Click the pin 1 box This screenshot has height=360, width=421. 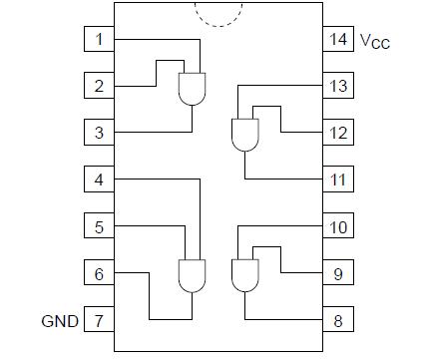(x=98, y=40)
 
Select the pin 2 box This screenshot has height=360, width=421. (x=98, y=87)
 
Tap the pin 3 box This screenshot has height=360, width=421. (x=98, y=133)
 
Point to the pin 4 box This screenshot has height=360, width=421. (x=98, y=180)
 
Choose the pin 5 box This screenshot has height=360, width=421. (x=98, y=227)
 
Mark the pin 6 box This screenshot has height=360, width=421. (x=98, y=273)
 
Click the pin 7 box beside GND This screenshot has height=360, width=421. (x=98, y=320)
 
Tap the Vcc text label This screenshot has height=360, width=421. (x=377, y=42)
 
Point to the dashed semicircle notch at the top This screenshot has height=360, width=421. (x=218, y=12)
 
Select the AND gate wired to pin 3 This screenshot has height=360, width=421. (x=191, y=89)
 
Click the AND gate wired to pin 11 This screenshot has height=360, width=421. (x=243, y=135)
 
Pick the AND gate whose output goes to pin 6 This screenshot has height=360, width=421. (x=191, y=274)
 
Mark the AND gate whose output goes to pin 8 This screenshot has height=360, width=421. (x=243, y=274)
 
